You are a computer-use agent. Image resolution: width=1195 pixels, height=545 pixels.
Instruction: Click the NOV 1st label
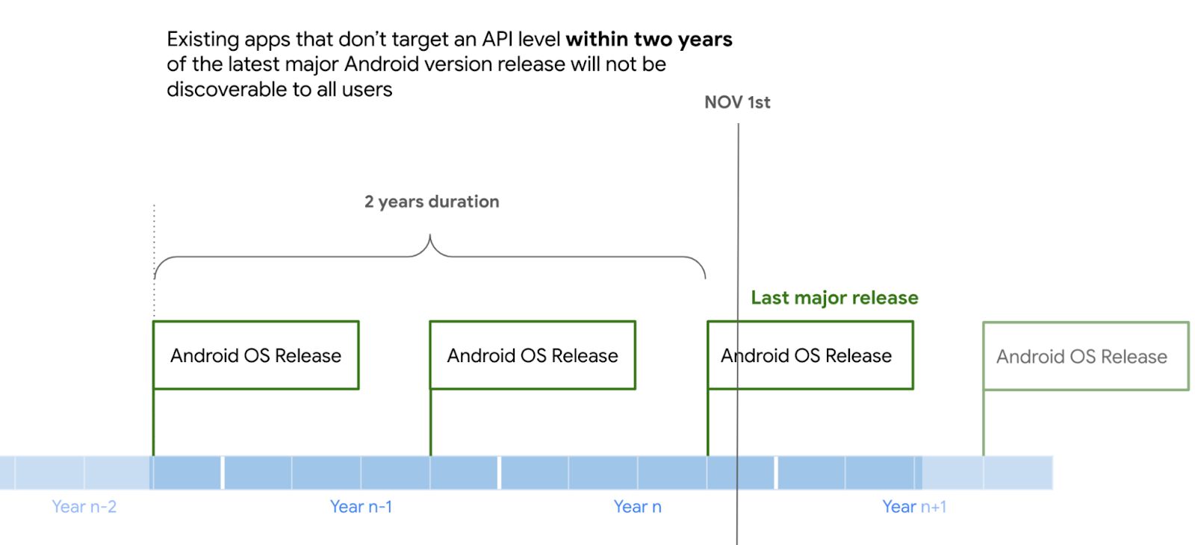736,102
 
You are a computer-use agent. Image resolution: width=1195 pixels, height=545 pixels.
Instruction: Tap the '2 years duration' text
432,202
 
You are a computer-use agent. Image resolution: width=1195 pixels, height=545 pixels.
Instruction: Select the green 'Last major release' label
834,298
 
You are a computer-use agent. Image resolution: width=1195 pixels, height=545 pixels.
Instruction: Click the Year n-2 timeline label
84,507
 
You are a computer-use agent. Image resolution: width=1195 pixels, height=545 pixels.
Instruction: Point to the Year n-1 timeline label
361,507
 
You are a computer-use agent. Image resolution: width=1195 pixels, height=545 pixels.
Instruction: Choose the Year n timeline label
637,507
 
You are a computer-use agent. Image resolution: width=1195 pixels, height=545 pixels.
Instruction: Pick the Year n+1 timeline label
914,507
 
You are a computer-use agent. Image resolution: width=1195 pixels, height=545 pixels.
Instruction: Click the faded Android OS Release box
1085,356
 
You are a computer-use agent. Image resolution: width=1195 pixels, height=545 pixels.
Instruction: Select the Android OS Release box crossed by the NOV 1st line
810,355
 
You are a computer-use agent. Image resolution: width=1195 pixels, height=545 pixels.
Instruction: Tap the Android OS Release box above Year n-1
533,355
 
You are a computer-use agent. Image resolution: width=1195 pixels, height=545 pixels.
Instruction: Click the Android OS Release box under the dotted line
255,355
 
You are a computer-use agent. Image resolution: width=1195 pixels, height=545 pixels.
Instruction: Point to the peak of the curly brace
430,238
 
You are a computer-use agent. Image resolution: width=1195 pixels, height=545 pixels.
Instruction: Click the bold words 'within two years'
649,39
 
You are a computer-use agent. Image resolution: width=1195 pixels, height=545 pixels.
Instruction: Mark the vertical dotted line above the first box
154,261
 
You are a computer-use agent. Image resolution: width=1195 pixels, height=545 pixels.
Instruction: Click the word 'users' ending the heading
367,90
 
